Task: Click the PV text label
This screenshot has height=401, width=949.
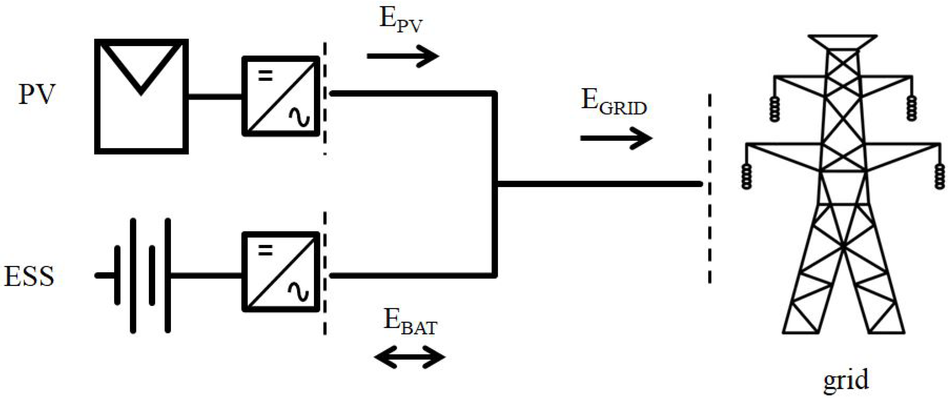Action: click(36, 95)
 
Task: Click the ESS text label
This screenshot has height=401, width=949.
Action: click(29, 276)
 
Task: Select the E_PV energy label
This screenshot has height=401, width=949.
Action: click(400, 21)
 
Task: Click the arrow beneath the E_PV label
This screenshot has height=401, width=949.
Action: click(403, 56)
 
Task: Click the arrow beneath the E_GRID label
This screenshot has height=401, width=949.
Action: click(616, 138)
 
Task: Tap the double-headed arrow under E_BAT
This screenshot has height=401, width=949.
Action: click(410, 357)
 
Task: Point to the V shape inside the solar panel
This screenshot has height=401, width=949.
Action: click(141, 70)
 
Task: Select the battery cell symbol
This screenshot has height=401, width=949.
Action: click(142, 275)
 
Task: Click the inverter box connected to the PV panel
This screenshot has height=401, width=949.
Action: click(281, 96)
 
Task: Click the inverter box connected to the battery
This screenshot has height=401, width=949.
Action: click(281, 272)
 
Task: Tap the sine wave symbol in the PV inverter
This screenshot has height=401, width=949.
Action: click(299, 117)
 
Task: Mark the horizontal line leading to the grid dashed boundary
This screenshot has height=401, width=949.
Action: click(599, 183)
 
